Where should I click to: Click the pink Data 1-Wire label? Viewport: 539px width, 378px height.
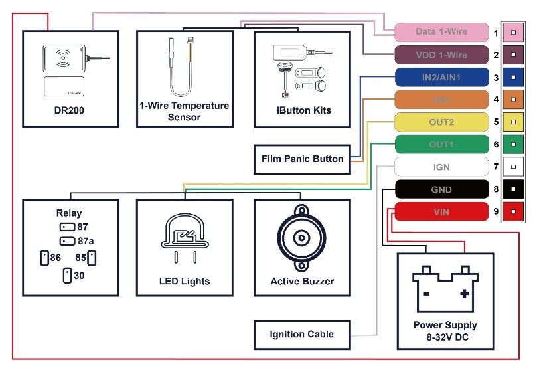pyautogui.click(x=441, y=32)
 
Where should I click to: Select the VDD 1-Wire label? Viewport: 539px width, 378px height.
pyautogui.click(x=441, y=54)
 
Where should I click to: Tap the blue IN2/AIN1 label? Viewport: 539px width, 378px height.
pyautogui.click(x=441, y=77)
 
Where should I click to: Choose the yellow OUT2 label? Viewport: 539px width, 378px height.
pyautogui.click(x=441, y=122)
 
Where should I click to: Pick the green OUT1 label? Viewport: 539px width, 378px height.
pyautogui.click(x=441, y=145)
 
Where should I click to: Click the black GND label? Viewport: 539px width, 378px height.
pyautogui.click(x=441, y=189)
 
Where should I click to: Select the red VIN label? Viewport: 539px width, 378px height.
pyautogui.click(x=441, y=212)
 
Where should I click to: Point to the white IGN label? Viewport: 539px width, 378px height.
pyautogui.click(x=441, y=167)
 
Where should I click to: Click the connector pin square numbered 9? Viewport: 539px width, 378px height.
pyautogui.click(x=513, y=212)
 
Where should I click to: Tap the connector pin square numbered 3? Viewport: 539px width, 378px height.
pyautogui.click(x=513, y=77)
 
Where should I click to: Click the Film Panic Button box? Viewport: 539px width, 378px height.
pyautogui.click(x=302, y=159)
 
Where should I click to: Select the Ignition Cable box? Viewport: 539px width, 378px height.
pyautogui.click(x=302, y=334)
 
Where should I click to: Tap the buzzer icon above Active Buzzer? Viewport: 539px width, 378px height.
pyautogui.click(x=302, y=238)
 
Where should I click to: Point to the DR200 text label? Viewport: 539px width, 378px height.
pyautogui.click(x=70, y=110)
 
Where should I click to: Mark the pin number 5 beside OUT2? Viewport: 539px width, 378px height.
pyautogui.click(x=496, y=122)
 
